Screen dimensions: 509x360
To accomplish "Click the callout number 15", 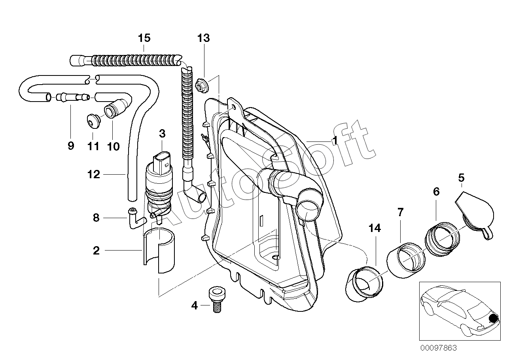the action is point(144,38).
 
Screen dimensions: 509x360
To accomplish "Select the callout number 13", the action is point(204,38).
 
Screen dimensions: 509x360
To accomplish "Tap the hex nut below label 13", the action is point(202,86).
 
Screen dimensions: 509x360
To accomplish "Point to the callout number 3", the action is point(162,134).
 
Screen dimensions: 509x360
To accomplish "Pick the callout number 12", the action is point(94,174).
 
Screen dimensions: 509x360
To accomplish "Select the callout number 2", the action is point(96,251).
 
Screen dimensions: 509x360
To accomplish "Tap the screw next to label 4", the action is point(217,300).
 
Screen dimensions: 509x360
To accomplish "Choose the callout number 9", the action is point(71,145).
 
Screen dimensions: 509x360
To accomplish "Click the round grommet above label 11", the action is point(94,121).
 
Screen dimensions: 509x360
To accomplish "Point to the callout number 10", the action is point(114,146).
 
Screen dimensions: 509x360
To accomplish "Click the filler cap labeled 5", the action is point(475,213).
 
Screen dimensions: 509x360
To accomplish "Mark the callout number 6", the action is point(436,192).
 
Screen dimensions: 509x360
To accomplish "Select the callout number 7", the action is point(400,212).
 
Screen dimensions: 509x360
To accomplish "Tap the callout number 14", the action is point(375,228).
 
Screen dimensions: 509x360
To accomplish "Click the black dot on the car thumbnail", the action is point(493,319).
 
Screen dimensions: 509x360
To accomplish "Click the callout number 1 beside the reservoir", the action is point(335,141).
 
